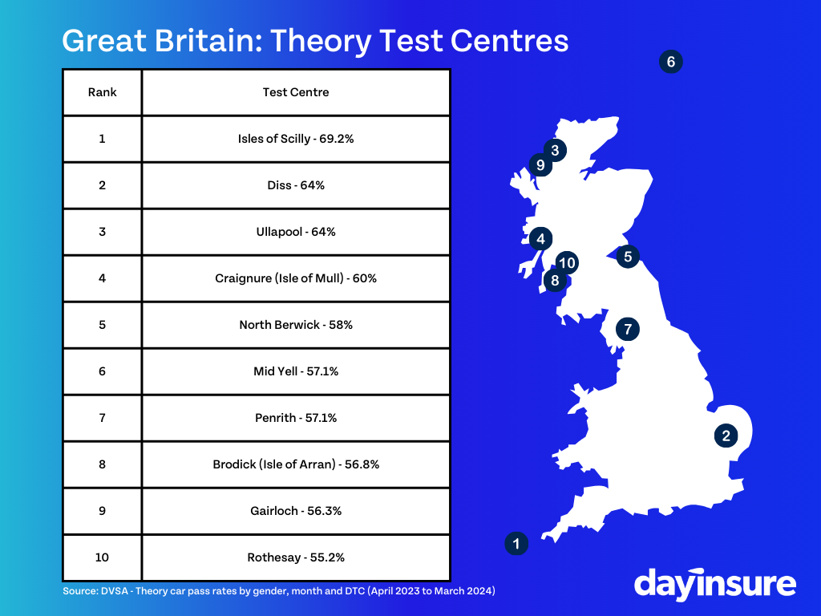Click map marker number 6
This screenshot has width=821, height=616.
tap(671, 62)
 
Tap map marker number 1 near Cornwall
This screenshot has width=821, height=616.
tap(516, 543)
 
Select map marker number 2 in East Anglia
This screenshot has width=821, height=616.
tap(726, 436)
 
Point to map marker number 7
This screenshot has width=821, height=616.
tap(627, 329)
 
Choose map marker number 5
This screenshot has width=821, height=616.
tap(628, 257)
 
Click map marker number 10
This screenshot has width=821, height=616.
tap(567, 262)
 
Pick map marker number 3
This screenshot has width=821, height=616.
tap(555, 150)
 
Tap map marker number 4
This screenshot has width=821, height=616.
tap(541, 239)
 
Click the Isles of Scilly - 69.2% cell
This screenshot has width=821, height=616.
tap(296, 139)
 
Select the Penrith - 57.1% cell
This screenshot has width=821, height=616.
tap(296, 418)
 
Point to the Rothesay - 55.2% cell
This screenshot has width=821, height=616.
tap(296, 557)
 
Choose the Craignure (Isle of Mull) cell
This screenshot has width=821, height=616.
tap(296, 278)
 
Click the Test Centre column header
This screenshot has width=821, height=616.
tap(296, 92)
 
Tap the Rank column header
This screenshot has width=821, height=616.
tap(102, 92)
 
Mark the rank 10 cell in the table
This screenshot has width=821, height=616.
tap(102, 557)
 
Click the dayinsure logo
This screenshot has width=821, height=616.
tap(714, 584)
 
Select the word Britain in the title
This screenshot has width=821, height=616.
tap(209, 40)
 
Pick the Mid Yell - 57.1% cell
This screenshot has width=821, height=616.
tap(296, 371)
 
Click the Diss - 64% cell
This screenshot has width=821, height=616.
tap(296, 185)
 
